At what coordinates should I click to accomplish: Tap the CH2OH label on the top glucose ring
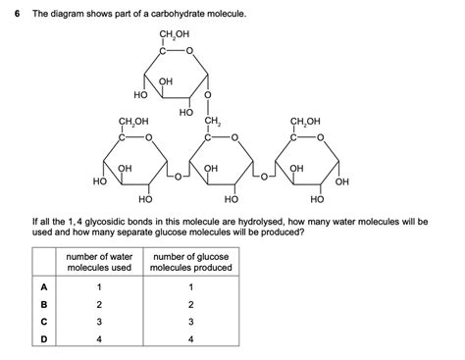coord(173,37)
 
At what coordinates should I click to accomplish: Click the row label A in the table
coord(43,285)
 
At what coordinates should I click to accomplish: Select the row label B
coord(43,303)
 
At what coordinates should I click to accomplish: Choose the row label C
coord(43,321)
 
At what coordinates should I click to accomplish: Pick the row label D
coord(43,338)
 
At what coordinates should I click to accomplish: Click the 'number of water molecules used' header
coord(99,262)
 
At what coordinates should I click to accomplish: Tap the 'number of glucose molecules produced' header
coord(191,262)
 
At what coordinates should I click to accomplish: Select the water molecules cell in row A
coord(99,285)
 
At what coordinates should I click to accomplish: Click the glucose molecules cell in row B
coord(191,303)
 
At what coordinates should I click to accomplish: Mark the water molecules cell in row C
coord(99,321)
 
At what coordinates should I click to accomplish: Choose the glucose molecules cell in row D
coord(191,338)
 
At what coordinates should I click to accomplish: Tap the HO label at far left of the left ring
coord(98,181)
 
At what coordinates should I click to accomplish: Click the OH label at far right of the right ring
coord(341,181)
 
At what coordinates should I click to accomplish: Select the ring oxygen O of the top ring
coord(189,51)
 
